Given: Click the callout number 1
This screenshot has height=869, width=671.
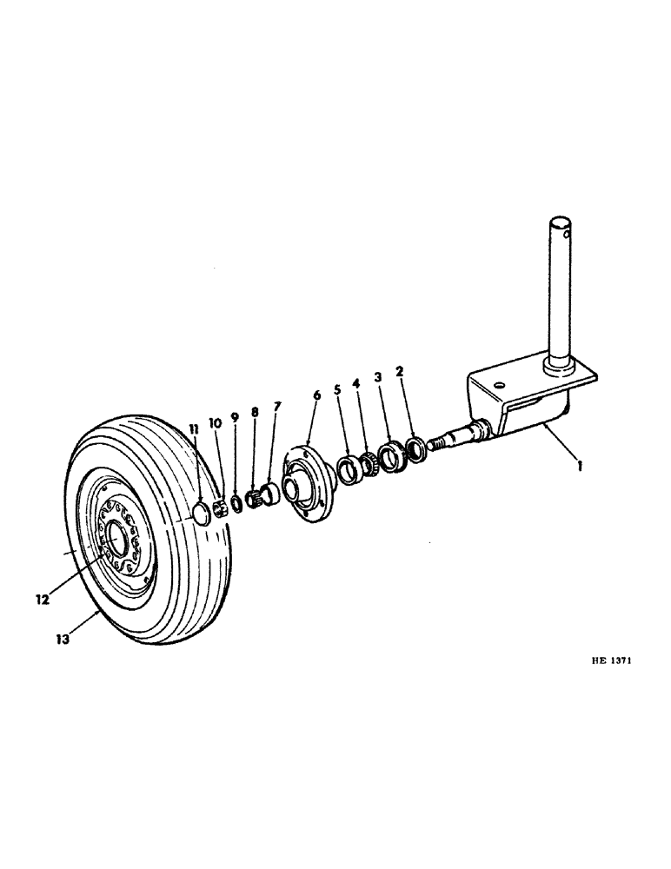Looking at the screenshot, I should click(x=581, y=465).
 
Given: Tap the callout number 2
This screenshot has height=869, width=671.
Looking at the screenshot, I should click(x=399, y=371).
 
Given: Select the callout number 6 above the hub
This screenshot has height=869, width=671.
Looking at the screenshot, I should click(x=316, y=395).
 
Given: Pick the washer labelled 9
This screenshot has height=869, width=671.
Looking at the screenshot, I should click(x=236, y=504).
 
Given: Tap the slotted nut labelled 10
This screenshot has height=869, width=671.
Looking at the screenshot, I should click(x=219, y=506).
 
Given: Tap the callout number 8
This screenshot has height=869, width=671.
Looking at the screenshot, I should click(x=255, y=412).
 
